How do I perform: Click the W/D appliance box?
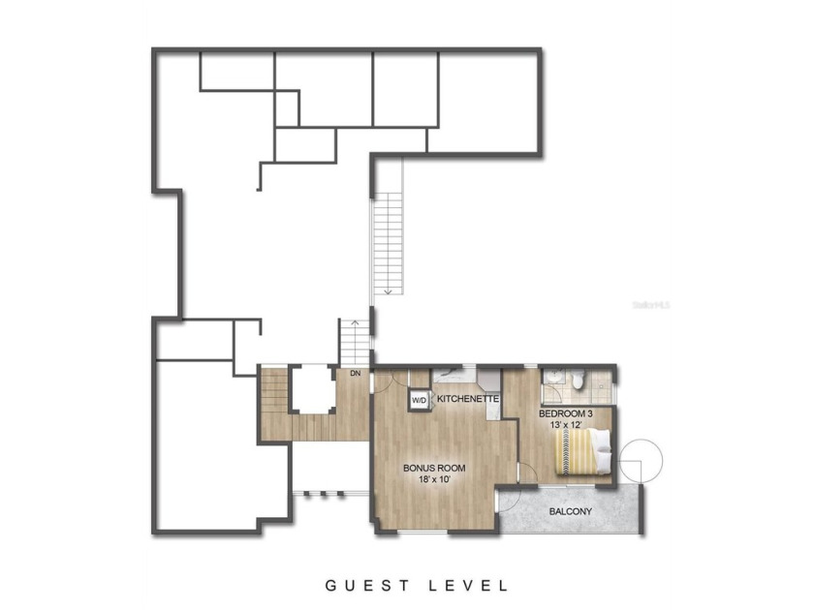click(420, 400)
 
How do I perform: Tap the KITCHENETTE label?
click(468, 399)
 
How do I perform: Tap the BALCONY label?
click(572, 510)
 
